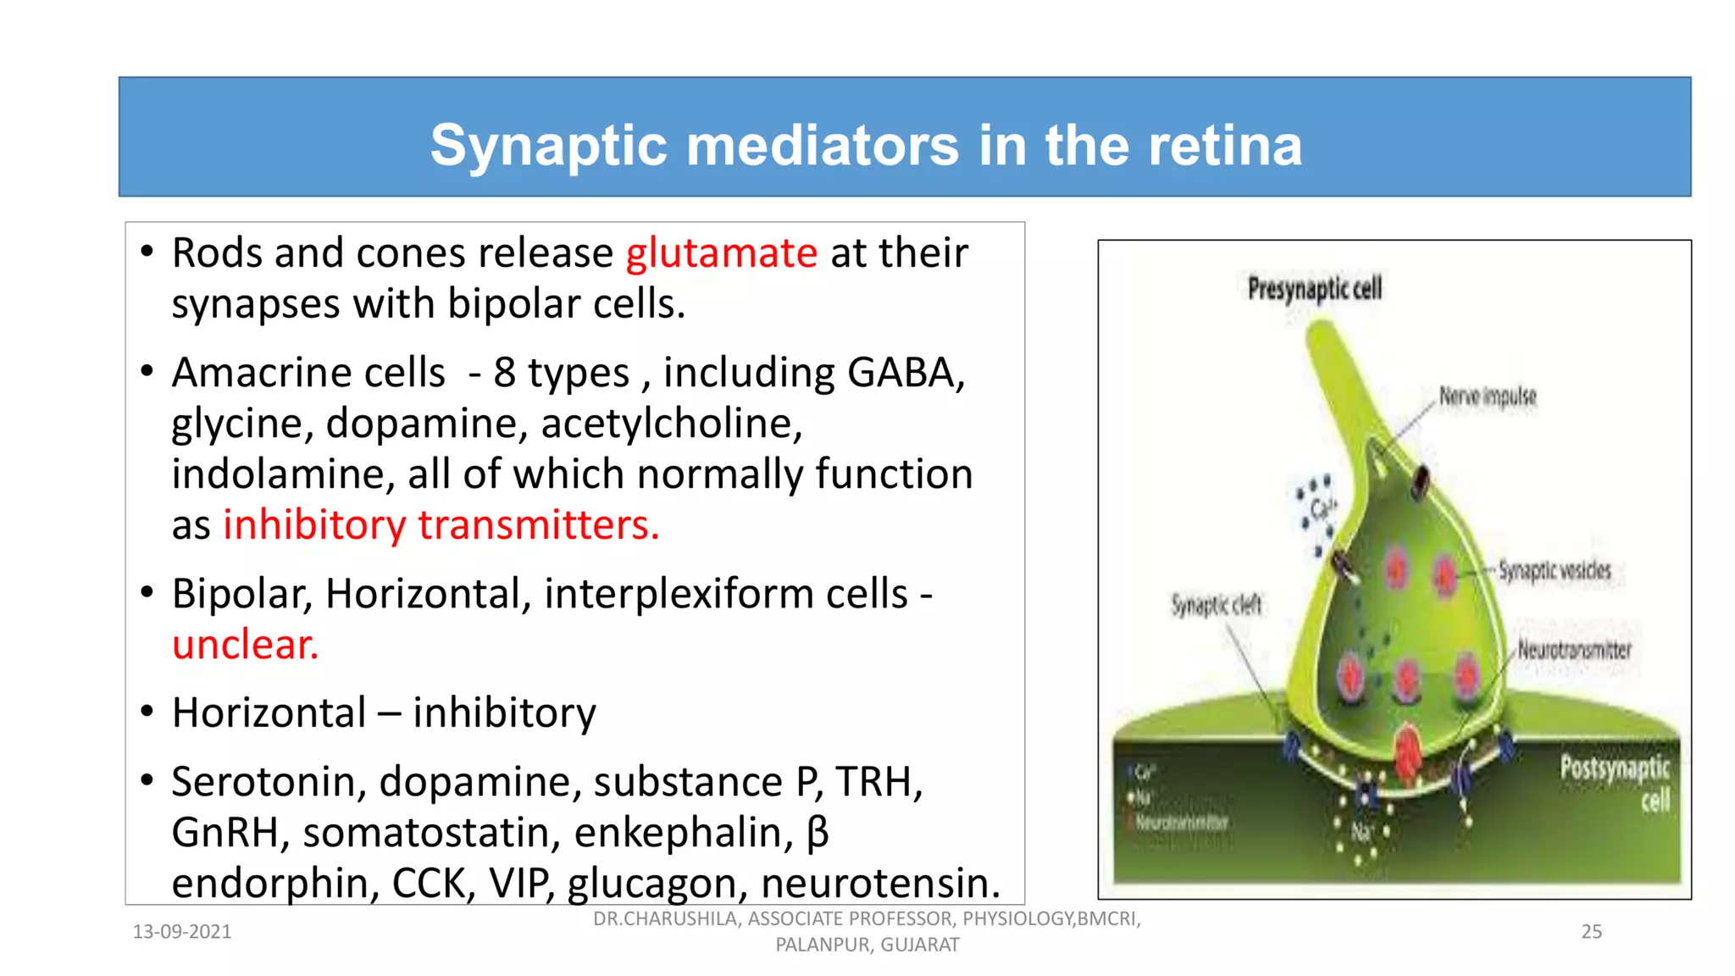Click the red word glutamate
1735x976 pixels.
[x=721, y=254]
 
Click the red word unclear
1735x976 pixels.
[x=245, y=646]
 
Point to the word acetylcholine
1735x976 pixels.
[x=670, y=424]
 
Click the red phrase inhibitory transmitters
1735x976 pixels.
[x=441, y=525]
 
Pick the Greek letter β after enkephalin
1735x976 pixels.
[x=817, y=833]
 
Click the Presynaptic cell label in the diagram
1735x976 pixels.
[x=1314, y=289]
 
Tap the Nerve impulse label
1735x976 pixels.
[x=1487, y=396]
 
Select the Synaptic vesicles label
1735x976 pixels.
[x=1554, y=570]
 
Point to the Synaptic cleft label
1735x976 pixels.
[x=1216, y=605]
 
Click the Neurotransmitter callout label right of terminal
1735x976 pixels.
[x=1573, y=651]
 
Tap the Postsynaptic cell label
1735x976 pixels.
[x=1615, y=783]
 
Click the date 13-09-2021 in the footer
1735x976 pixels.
[x=182, y=932]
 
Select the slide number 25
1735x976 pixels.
[x=1591, y=932]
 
